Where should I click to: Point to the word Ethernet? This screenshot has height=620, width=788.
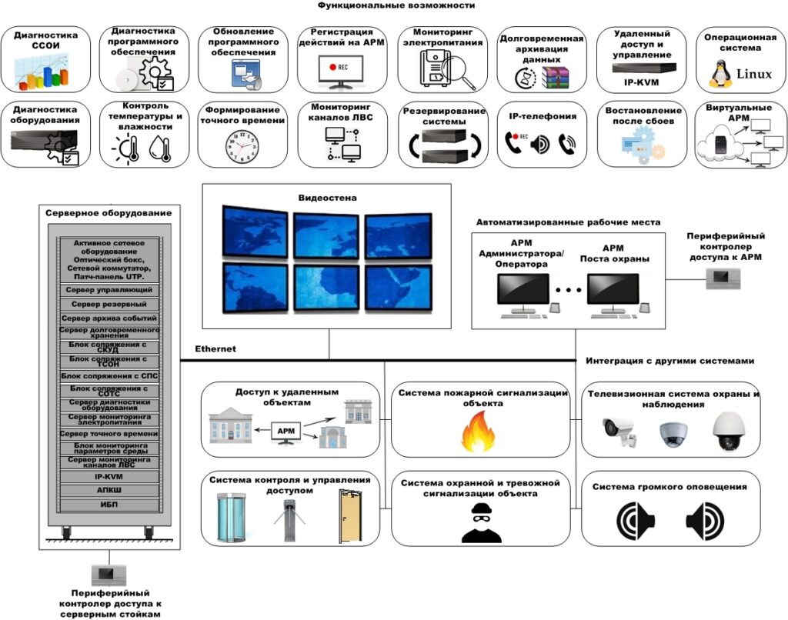coord(215,349)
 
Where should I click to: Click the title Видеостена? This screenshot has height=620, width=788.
coord(328,198)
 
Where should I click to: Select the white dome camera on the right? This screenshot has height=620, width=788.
coord(726,432)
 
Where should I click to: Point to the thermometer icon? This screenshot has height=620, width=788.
coord(133,147)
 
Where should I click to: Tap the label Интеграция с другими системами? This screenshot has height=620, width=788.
coord(669,361)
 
